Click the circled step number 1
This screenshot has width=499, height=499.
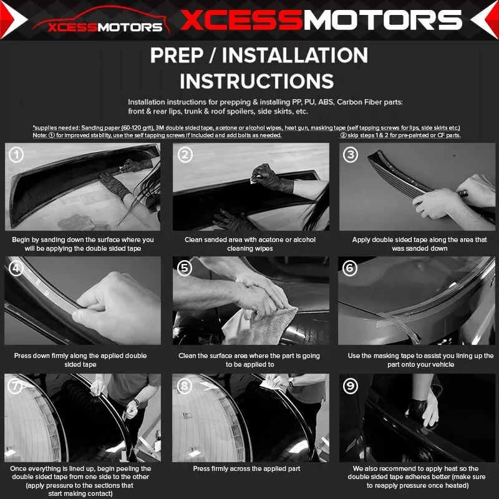click(x=16, y=154)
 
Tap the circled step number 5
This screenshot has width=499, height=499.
click(x=185, y=268)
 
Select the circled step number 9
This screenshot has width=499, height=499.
click(x=351, y=386)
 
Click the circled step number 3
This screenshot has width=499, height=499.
click(x=351, y=155)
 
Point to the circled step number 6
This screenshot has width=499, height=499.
click(x=350, y=268)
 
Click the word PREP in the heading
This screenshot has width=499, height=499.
click(x=177, y=56)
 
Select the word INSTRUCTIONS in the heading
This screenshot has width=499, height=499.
click(x=257, y=81)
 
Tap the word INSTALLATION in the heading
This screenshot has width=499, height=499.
click(x=294, y=56)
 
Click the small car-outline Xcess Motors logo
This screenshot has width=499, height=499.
click(x=101, y=21)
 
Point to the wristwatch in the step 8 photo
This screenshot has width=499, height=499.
click(x=291, y=381)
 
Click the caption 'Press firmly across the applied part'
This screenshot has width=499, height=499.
click(x=246, y=468)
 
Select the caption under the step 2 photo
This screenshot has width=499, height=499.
click(x=250, y=244)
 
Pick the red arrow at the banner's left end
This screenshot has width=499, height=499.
click(x=12, y=20)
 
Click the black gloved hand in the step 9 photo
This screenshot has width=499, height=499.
click(x=416, y=409)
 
